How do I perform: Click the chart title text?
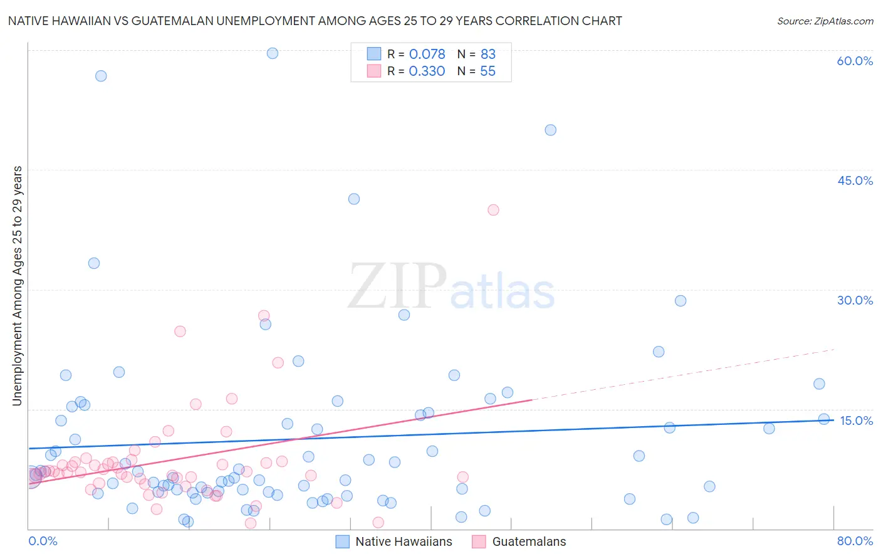coord(315,21)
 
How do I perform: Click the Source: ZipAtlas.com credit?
coord(825,21)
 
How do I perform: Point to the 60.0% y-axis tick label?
coord(855,61)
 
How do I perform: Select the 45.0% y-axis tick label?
coord(855,180)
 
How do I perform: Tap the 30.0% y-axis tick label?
coord(855,300)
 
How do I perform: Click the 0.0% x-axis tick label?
coord(43,541)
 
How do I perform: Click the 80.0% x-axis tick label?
coord(855,541)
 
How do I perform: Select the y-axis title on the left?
coord(18,286)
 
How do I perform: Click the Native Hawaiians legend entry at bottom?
coord(403,541)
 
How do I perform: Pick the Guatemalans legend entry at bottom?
coord(528,541)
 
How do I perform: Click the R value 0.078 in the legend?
coord(427,55)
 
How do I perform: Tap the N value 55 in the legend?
coord(487,71)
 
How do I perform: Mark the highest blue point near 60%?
coord(273,53)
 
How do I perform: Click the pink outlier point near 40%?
coord(493,210)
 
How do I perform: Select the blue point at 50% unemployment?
coord(550,130)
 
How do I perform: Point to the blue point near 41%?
coord(354,199)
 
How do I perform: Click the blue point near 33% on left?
coord(94,263)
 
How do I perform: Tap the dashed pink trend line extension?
coord(683,374)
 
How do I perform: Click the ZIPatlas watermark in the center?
coord(451,287)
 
